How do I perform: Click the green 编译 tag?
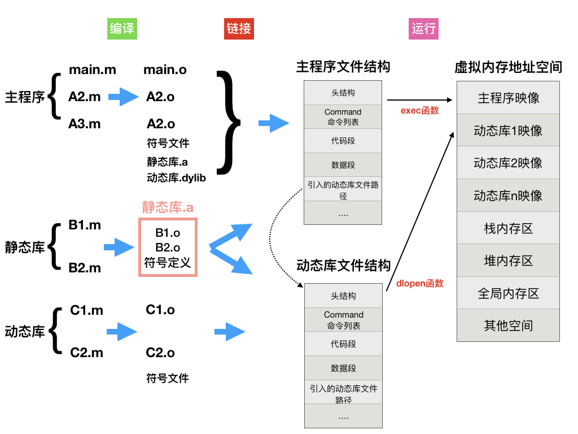point(122,29)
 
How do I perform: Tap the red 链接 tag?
point(239,29)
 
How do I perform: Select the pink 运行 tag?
point(424,29)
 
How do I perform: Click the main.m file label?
point(93,70)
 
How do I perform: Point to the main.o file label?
point(165,70)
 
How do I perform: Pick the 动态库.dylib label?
point(176,178)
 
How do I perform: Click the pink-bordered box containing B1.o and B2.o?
point(168,248)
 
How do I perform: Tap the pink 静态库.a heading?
point(168,207)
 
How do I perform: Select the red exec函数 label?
point(420,111)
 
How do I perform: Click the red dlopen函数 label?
point(420,283)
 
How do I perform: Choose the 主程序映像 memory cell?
point(508,98)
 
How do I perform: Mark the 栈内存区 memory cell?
point(508,228)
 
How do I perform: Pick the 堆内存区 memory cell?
point(508,261)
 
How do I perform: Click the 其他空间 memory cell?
point(508,325)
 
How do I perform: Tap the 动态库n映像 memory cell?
point(508,196)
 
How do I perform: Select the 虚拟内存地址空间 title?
point(508,67)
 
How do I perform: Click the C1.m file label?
point(87,310)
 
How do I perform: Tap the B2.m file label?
point(85,268)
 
